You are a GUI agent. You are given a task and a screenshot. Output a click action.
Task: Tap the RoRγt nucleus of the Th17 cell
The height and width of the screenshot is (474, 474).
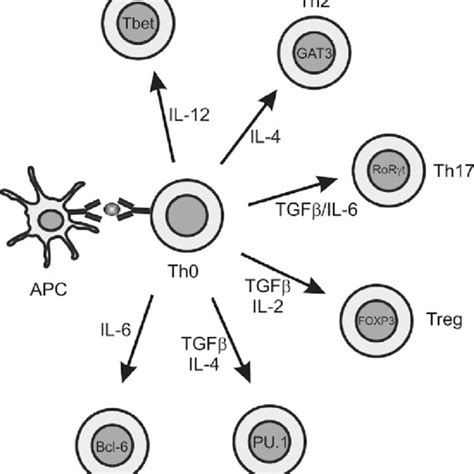point(385,170)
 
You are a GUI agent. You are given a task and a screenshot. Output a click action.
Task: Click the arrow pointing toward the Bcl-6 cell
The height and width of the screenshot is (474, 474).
point(138,337)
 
